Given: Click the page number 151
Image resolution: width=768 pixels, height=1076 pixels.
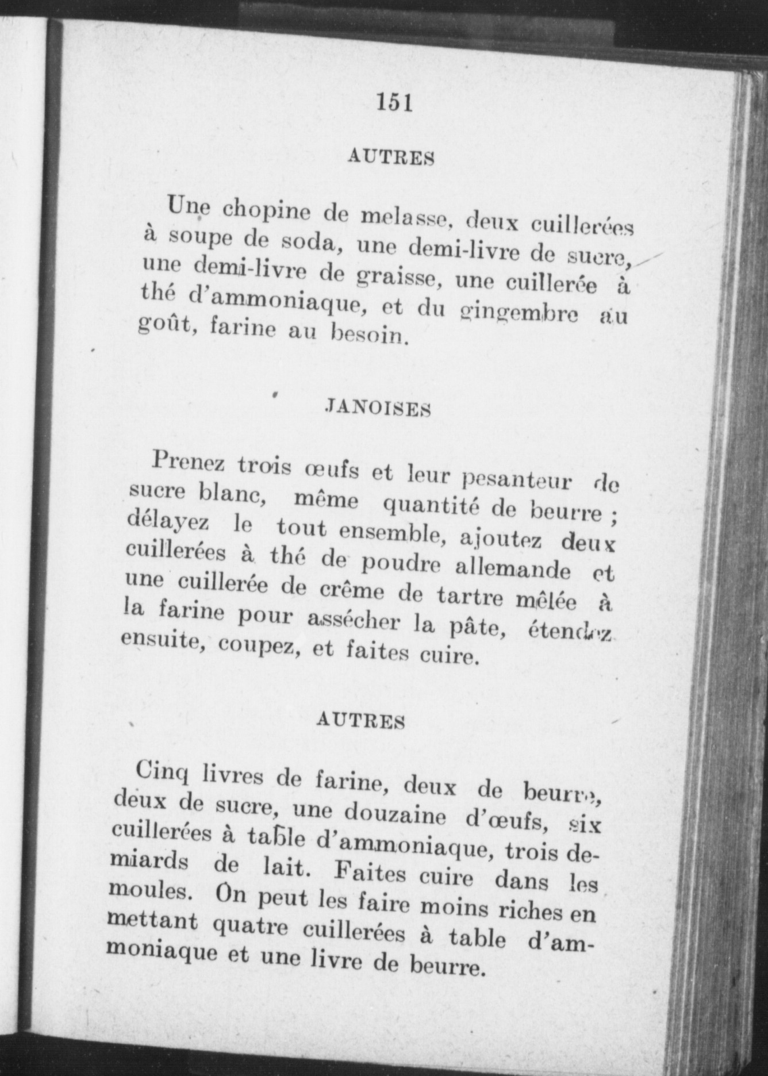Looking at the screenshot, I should [395, 102].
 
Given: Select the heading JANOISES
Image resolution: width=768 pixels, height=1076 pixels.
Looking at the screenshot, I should [378, 409].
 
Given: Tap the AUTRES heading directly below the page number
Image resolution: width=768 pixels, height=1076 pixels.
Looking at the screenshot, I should [390, 157].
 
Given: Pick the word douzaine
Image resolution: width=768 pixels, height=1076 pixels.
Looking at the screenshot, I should [395, 816].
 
